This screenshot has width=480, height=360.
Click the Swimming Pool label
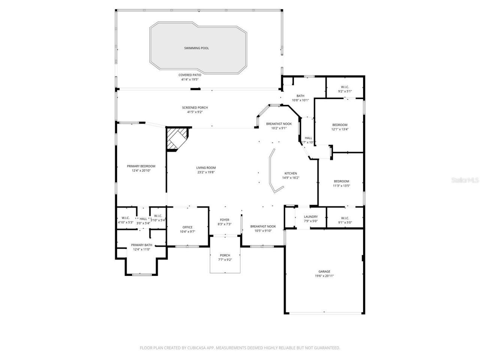pos(196,48)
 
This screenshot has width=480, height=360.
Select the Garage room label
pos(324,271)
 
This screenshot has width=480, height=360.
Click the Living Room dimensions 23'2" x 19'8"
pos(206,172)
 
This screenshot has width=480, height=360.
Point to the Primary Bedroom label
pos(141,166)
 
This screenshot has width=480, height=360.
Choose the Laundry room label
pos(310,216)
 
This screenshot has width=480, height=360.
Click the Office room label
pos(187,227)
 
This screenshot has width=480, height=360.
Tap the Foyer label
pos(225,220)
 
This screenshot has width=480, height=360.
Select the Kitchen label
pos(291,173)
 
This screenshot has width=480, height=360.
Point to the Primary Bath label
pos(141,245)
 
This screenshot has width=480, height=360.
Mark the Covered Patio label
pos(190,75)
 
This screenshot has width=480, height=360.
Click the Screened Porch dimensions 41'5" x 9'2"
pos(195,112)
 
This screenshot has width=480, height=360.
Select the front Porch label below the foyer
pos(225,255)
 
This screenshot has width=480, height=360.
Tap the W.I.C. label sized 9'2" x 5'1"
pos(345,87)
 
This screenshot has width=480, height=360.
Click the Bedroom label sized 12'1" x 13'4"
pos(340,125)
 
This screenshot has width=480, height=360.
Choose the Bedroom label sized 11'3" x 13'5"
pos(341,181)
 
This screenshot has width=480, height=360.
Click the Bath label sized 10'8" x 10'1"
pos(300,96)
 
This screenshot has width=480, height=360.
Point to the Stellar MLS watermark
pos(465,180)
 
